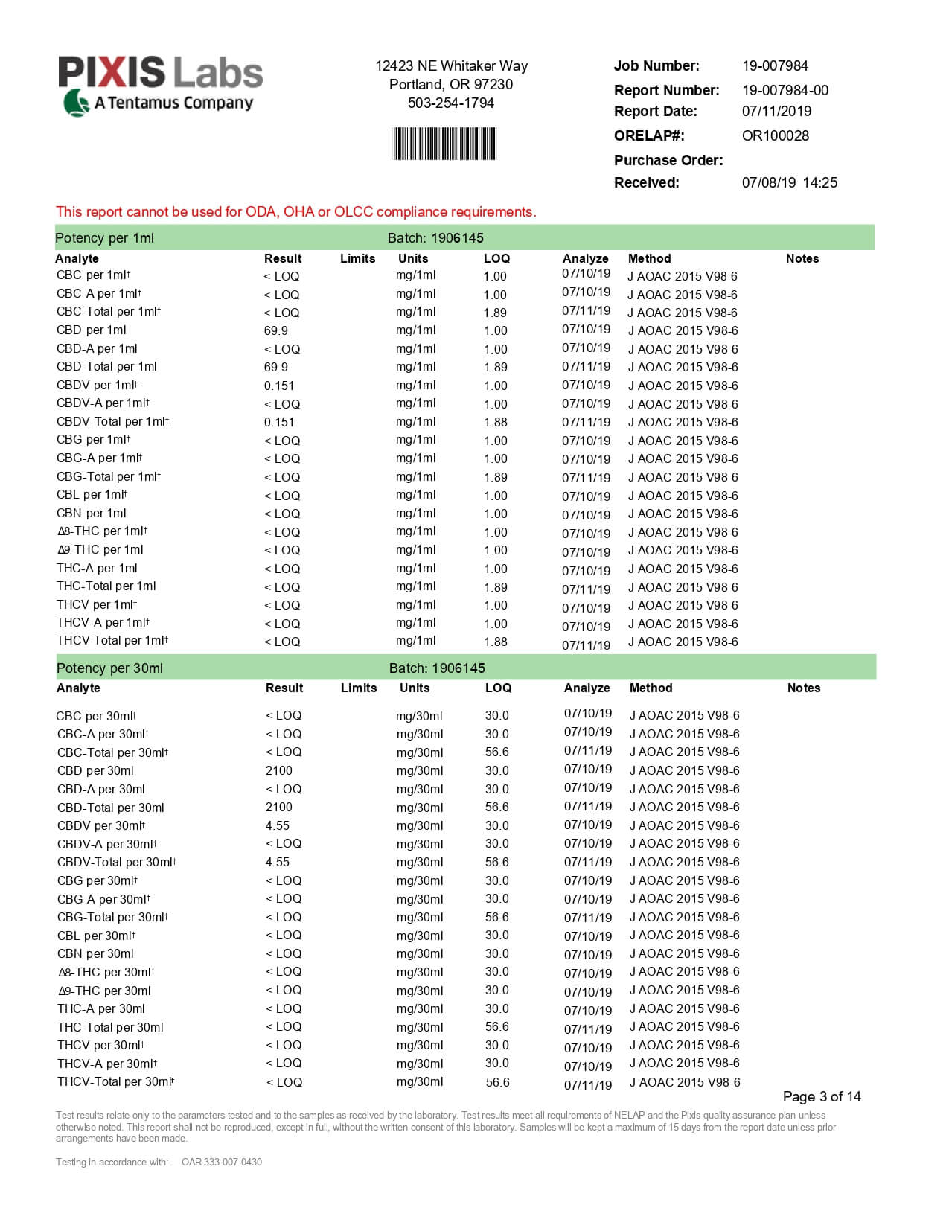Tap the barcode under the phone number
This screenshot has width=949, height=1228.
(444, 144)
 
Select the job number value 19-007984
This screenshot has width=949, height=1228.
(775, 65)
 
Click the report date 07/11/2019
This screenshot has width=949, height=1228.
(776, 111)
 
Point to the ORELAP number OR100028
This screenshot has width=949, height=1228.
(775, 135)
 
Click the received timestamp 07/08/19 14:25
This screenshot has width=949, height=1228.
(789, 182)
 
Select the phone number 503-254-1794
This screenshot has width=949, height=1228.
(450, 103)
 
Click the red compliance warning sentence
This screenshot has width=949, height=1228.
(295, 211)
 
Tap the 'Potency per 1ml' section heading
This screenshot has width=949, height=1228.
(104, 238)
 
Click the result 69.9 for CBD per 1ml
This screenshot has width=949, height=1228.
(276, 330)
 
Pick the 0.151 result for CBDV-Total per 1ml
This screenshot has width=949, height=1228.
(279, 422)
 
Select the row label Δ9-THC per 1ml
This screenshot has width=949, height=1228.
(100, 550)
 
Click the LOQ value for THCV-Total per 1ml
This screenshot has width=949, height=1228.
(496, 642)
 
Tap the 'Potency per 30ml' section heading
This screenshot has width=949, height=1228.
(109, 668)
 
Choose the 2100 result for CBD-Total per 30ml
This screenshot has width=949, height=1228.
(279, 808)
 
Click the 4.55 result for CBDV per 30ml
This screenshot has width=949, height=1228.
(278, 825)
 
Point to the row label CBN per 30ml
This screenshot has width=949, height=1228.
(95, 954)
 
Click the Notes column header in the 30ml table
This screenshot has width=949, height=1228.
(803, 688)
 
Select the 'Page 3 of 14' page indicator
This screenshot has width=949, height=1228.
(821, 1096)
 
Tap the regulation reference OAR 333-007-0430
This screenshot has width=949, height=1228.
(222, 1162)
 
